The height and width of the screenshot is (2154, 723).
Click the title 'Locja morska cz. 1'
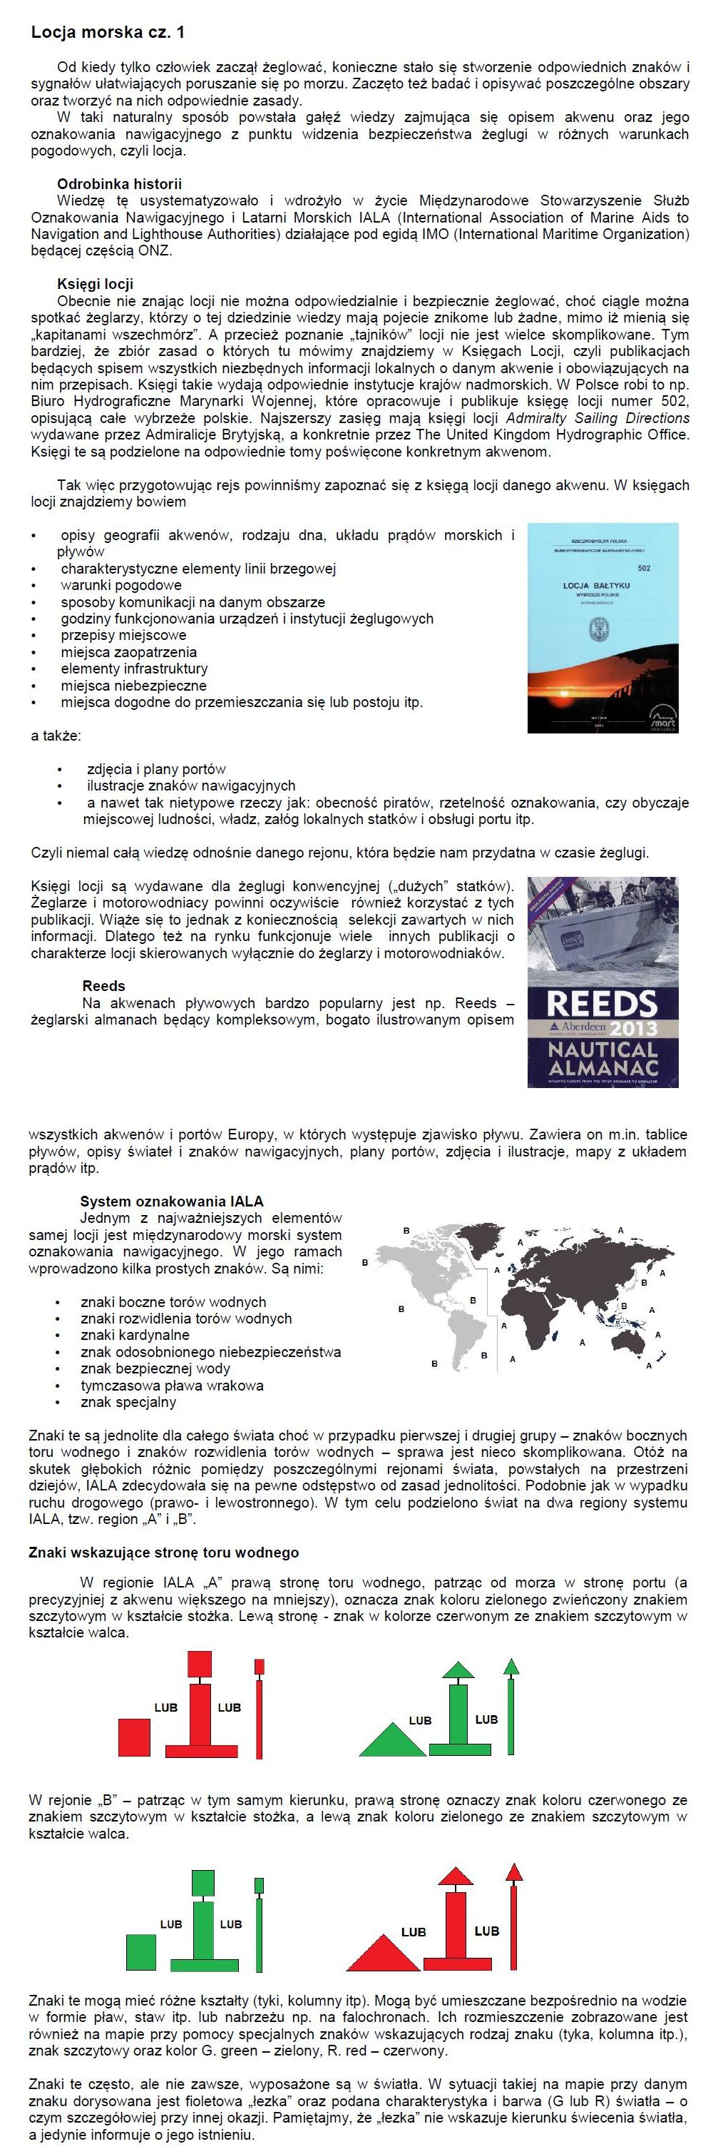coord(108,33)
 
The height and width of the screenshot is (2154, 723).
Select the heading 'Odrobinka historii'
coord(118,184)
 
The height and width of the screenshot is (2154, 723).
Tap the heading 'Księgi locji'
coord(96,284)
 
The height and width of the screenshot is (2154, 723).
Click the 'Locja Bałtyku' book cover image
coord(602,627)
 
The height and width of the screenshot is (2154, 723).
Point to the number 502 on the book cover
coord(644,569)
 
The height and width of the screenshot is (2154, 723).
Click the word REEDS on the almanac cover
coord(601,1002)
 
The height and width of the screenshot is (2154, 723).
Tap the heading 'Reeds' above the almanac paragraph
coord(103,986)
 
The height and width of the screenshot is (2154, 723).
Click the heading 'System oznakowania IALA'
coord(171,1202)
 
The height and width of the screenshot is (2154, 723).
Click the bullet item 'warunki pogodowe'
coord(121,585)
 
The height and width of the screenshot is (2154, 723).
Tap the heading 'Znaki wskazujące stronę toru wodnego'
coord(164,1553)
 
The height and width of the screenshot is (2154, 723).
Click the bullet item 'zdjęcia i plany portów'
coord(156,769)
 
